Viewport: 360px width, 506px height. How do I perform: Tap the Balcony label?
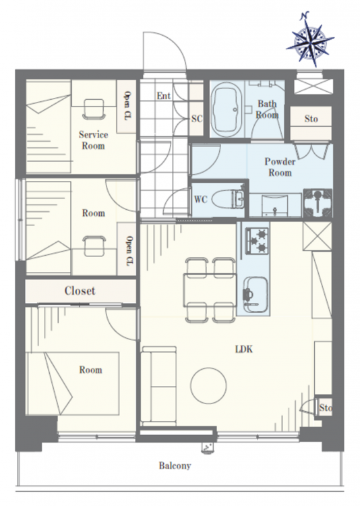click(175, 466)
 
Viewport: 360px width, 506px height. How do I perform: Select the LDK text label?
click(244, 349)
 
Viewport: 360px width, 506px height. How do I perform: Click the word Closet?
click(80, 290)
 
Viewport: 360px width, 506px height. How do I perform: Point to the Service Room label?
click(93, 140)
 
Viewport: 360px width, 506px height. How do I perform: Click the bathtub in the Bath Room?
click(227, 109)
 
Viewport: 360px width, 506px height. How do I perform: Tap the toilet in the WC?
click(229, 199)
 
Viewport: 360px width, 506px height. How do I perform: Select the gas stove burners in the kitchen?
click(258, 241)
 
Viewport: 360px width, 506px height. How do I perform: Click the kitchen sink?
click(255, 294)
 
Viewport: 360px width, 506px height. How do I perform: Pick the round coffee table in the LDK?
click(208, 385)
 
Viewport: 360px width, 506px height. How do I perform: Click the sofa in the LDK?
click(158, 386)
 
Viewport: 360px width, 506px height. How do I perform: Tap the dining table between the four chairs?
click(210, 290)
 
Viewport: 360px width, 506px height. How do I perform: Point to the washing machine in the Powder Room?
click(318, 203)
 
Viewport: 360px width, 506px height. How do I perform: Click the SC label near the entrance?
click(197, 119)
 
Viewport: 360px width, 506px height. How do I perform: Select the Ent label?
click(164, 96)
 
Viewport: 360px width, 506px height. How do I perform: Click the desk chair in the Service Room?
click(94, 109)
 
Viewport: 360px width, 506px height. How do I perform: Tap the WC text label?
click(200, 200)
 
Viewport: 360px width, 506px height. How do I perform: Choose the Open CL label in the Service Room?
click(127, 106)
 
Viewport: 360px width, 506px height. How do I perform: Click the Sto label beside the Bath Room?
click(311, 119)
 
